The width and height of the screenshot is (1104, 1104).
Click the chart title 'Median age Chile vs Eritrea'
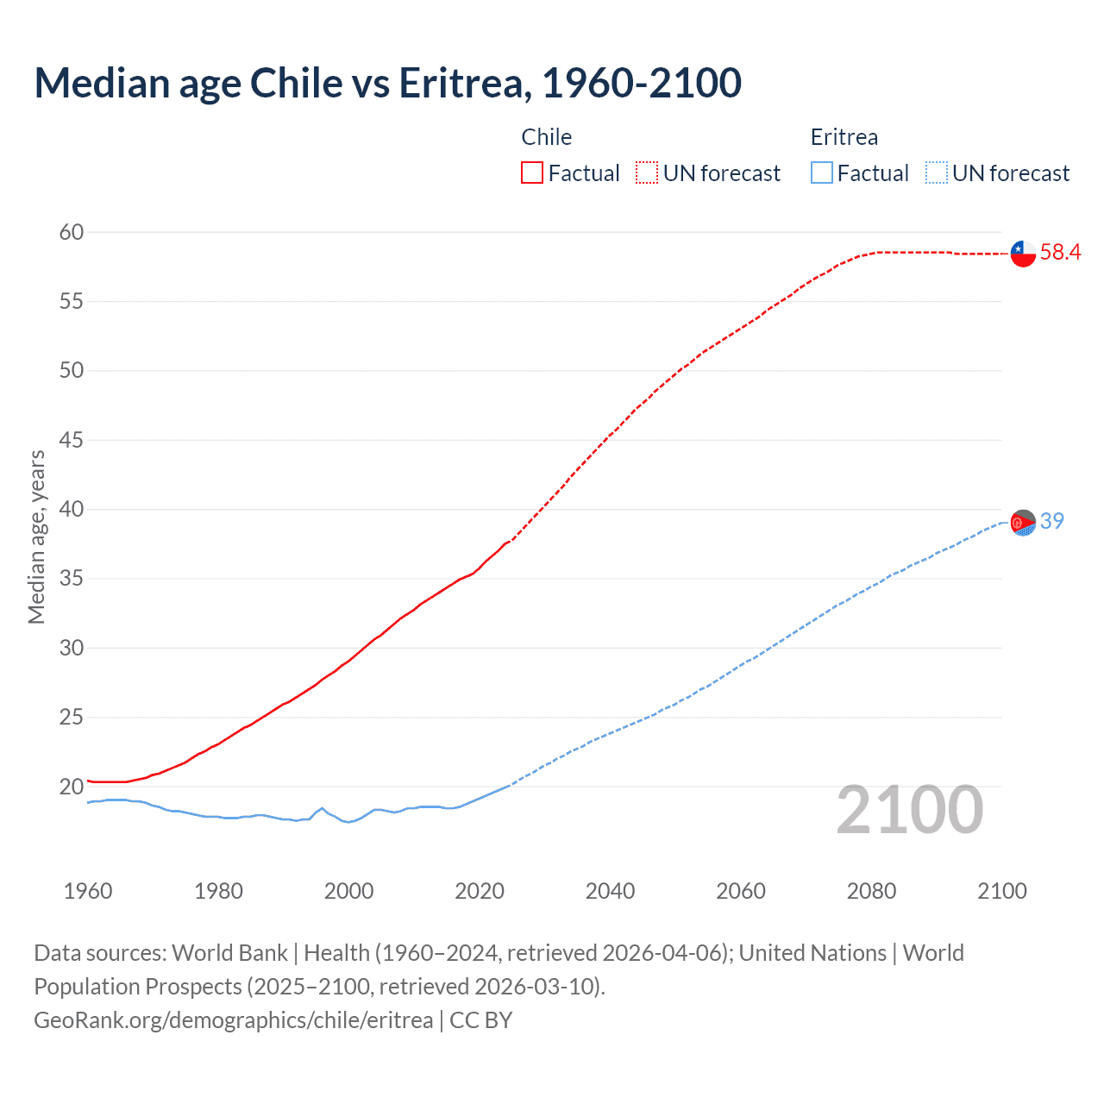point(387,83)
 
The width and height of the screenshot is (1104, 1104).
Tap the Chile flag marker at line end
point(1023,254)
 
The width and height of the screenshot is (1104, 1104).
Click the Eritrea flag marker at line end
point(1023,523)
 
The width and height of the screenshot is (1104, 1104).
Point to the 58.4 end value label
point(1060,252)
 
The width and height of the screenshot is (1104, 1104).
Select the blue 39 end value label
point(1051,521)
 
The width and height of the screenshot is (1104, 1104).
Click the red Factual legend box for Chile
point(532,173)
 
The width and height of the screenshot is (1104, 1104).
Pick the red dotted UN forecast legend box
point(647,173)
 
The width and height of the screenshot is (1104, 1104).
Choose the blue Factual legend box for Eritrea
point(822,173)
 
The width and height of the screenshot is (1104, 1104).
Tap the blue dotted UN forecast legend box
point(936,173)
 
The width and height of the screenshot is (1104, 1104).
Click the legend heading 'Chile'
point(546,137)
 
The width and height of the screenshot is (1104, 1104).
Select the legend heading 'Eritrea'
point(844,137)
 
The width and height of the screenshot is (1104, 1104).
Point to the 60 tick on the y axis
point(72,232)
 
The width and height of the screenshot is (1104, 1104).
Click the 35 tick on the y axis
point(72,579)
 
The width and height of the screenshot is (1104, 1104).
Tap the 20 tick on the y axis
point(72,787)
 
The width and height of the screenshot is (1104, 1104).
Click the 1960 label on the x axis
point(88,891)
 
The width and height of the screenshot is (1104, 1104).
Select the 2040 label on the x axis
point(610,891)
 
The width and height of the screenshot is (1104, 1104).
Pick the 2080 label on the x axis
point(871,891)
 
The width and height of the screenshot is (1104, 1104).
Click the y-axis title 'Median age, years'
point(36,536)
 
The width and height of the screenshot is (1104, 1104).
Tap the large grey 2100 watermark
point(909,810)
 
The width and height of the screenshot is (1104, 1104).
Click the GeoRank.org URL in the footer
point(233,1020)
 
